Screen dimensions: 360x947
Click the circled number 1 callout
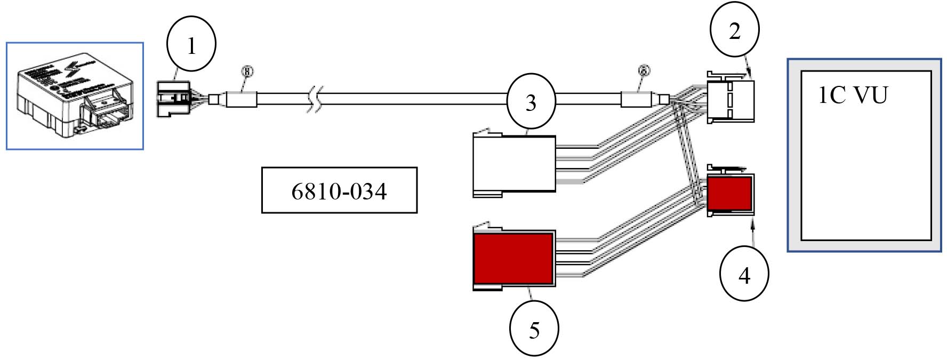coord(191,46)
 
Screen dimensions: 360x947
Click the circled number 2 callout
coord(734,31)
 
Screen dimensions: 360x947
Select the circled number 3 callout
coord(531,102)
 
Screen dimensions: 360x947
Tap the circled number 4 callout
coord(744,275)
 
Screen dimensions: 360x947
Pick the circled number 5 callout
coord(534,330)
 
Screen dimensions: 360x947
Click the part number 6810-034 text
coord(339,191)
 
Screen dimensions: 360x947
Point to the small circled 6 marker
coord(644,70)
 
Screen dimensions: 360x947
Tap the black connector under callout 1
coord(173,98)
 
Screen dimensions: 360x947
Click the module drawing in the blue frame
coord(75,96)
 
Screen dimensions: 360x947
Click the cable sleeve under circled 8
coord(242,100)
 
